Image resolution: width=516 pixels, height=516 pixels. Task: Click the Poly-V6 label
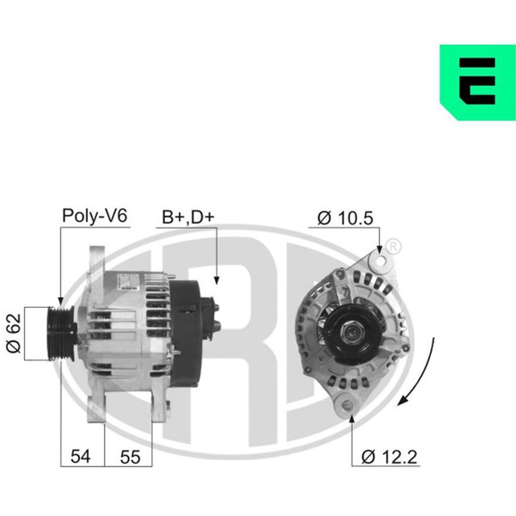95,216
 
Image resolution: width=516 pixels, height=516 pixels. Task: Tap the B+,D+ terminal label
188,218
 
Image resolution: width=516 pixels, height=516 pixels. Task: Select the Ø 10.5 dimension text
345,218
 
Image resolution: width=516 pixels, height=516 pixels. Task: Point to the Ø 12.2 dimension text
390,457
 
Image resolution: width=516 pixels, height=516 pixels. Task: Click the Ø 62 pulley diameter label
14,334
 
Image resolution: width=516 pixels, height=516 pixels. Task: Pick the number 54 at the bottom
80,457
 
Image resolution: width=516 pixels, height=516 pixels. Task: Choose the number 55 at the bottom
131,457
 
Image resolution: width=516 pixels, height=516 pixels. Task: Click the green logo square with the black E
478,83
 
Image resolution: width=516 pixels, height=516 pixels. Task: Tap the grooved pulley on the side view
62,334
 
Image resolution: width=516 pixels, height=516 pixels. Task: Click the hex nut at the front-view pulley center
352,333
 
